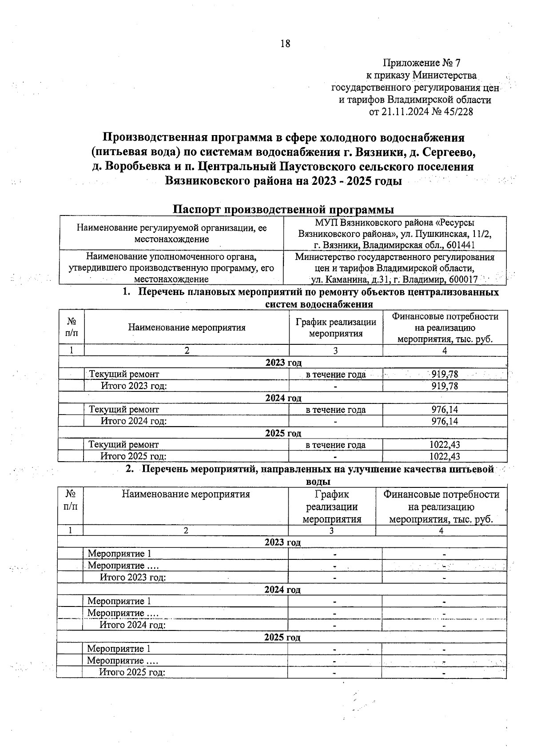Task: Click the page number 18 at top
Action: tap(285, 44)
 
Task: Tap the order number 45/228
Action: tap(457, 112)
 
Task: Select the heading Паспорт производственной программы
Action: tap(283, 209)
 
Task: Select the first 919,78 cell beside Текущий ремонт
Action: tap(445, 374)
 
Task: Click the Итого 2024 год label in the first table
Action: tap(133, 421)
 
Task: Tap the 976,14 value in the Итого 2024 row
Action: tap(445, 421)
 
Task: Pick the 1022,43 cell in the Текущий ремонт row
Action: tap(445, 445)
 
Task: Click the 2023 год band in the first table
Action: tap(283, 363)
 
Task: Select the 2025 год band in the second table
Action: tap(282, 637)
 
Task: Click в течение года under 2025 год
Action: tap(335, 445)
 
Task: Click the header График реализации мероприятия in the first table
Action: tap(336, 327)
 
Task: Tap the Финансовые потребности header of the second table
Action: tap(442, 507)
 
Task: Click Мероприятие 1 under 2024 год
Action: tap(119, 601)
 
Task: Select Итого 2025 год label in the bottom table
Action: tap(132, 672)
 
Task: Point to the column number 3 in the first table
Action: tap(336, 351)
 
